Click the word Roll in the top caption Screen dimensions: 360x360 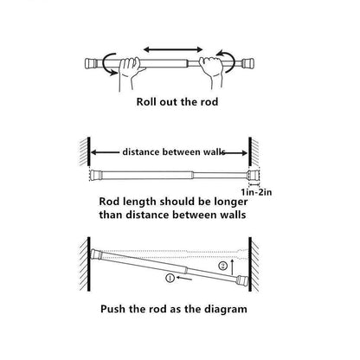point(150,100)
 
